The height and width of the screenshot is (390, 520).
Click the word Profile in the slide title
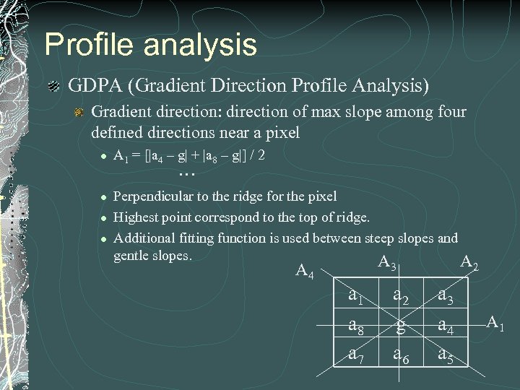click(87, 44)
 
